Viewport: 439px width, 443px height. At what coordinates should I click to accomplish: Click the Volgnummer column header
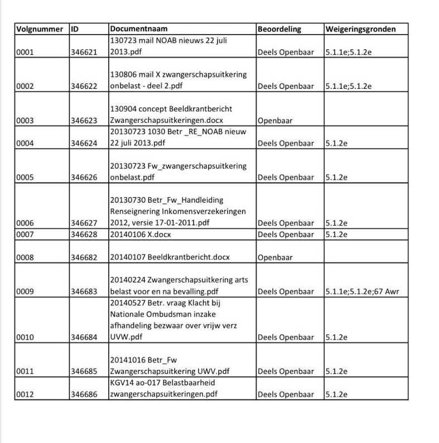coord(40,28)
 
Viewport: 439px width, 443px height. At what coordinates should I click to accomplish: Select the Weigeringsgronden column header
coord(360,28)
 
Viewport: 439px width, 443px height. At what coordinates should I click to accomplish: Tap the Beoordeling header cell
coord(279,28)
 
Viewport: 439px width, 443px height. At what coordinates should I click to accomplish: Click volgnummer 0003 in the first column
coord(26,120)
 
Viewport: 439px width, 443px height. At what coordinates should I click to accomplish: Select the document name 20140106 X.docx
coord(141,234)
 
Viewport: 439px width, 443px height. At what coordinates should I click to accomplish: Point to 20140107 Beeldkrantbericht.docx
coord(170,258)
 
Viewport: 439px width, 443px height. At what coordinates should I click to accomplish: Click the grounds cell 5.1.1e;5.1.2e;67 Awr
coord(361,292)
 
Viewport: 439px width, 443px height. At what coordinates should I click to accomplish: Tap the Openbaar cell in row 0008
coord(276,258)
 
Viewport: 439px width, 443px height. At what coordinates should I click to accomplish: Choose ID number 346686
coord(84,394)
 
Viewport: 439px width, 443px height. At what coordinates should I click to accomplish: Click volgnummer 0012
coord(26,394)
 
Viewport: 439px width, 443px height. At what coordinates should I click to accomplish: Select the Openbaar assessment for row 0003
coord(276,120)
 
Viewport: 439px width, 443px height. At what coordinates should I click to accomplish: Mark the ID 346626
coord(84,178)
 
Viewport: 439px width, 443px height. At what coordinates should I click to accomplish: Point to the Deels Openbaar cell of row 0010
coord(286,337)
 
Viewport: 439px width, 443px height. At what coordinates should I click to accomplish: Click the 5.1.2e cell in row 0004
coord(336,144)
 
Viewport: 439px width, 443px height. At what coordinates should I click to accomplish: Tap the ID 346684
coord(84,337)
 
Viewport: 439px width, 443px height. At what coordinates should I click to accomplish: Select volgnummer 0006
coord(26,223)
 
